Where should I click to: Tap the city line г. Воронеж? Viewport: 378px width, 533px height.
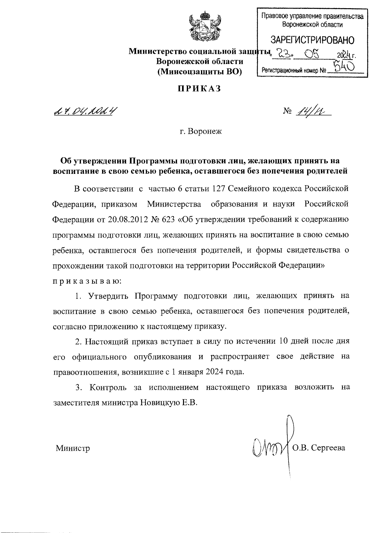pos(200,131)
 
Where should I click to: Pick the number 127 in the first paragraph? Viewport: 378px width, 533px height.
pos(216,189)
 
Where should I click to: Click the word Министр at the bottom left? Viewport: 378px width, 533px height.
pos(73,448)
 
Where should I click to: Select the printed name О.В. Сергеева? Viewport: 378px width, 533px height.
pos(318,448)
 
